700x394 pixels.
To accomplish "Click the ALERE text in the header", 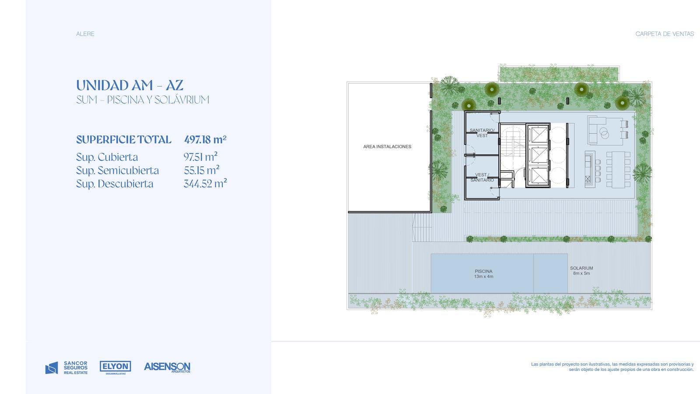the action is point(85,34).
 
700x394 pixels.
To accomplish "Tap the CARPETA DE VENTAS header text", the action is point(665,34).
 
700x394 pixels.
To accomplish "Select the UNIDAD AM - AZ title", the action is point(129,85).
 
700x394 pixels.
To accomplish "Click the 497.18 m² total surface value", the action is point(205,140).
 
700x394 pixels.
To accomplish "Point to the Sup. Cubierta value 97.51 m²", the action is point(200,157).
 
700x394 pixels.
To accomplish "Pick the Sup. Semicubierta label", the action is point(118,170).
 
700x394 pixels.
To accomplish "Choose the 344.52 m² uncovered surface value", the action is point(205,183).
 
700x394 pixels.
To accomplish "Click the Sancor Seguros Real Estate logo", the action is point(66,368).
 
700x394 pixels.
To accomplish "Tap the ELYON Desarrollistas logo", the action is point(115,368).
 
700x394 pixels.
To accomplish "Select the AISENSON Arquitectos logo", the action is point(167,367).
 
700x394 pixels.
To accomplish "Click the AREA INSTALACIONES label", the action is point(387,147).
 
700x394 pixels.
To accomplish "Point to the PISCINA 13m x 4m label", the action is point(483,274).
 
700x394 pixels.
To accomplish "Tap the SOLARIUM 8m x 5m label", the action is point(581,271).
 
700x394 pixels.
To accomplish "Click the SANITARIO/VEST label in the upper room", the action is point(482,133).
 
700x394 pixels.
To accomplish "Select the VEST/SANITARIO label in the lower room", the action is point(482,177).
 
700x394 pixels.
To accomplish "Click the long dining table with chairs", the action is point(619,169).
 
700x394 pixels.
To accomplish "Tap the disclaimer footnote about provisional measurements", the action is point(612,367).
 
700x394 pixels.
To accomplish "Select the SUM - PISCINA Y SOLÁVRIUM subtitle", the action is point(143,100).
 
